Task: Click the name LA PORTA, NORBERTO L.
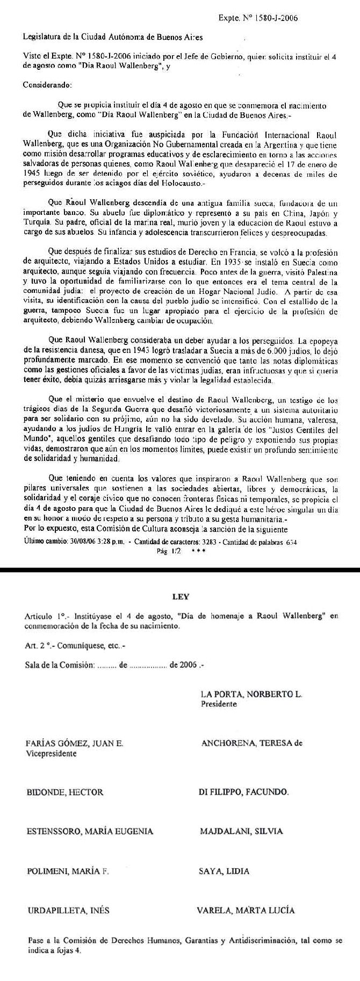[251, 694]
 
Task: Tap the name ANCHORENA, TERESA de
[251, 744]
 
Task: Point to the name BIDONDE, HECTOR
[64, 792]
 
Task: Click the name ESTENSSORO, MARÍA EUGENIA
[90, 831]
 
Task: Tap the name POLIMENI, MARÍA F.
[68, 871]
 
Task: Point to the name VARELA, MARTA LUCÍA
[246, 911]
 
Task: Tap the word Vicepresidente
[51, 753]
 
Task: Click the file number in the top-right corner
[259, 18]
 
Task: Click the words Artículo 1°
[43, 616]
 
